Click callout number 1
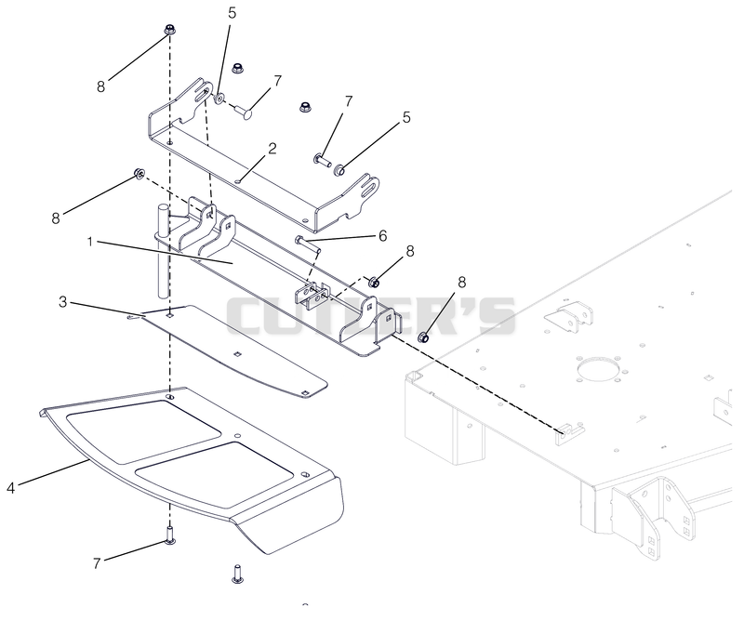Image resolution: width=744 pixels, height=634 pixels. pyautogui.click(x=90, y=243)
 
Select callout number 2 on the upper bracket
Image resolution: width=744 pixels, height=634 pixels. pyautogui.click(x=272, y=149)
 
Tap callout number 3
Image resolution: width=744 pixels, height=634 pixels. pyautogui.click(x=63, y=302)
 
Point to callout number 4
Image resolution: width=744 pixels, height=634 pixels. pyautogui.click(x=11, y=487)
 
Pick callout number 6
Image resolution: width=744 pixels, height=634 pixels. pyautogui.click(x=382, y=236)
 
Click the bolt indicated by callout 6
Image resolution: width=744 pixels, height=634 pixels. pyautogui.click(x=309, y=244)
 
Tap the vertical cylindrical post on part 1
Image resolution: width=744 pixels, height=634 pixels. pyautogui.click(x=162, y=251)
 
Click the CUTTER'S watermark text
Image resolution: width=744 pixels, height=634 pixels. pyautogui.click(x=370, y=315)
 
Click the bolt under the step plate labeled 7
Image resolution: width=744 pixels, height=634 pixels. pyautogui.click(x=170, y=535)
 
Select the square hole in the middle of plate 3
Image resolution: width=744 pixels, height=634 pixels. pyautogui.click(x=238, y=354)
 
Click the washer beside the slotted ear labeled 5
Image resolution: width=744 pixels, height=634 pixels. pyautogui.click(x=219, y=99)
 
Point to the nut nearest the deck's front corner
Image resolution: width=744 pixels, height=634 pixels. pyautogui.click(x=423, y=337)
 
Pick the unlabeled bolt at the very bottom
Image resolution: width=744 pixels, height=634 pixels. pyautogui.click(x=238, y=574)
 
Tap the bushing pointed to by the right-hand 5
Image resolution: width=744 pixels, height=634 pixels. pyautogui.click(x=339, y=169)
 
